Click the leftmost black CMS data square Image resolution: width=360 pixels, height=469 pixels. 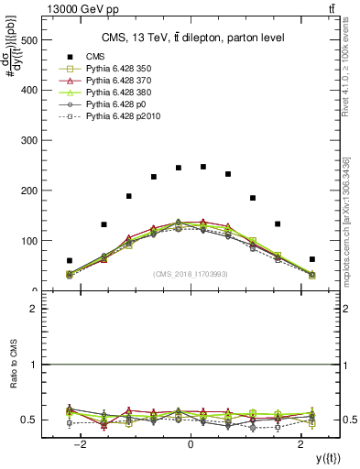70,261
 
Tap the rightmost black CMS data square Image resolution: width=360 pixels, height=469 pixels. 312,259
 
